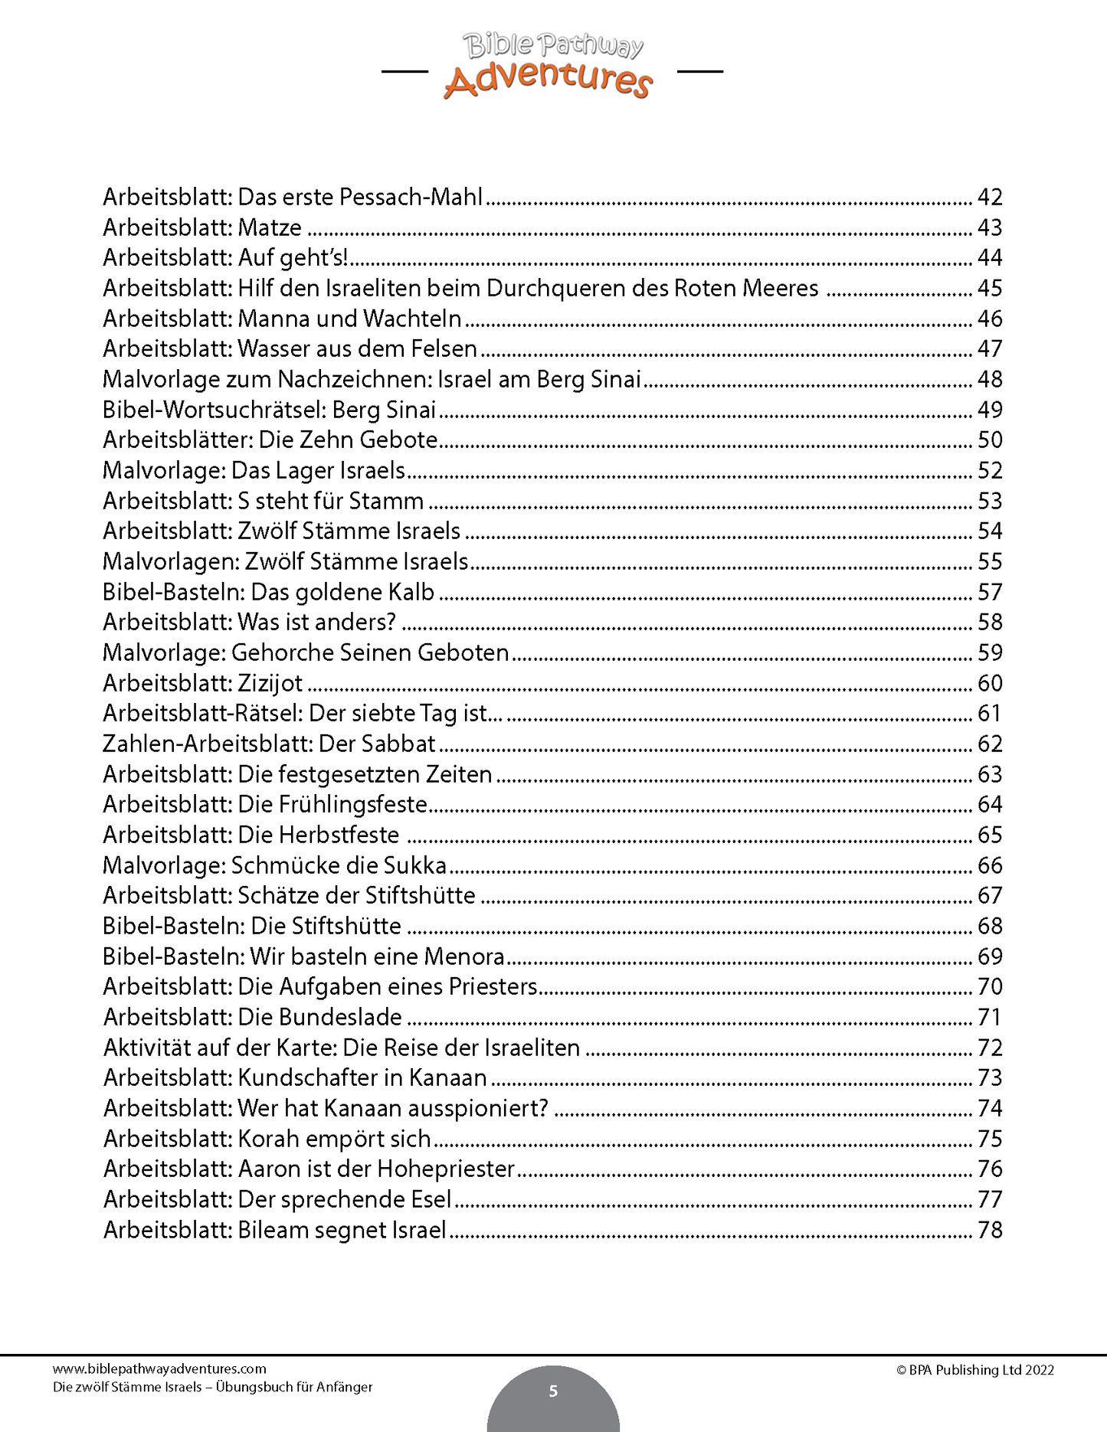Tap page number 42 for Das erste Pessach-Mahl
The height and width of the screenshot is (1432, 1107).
click(990, 198)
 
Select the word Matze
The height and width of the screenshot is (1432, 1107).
click(270, 228)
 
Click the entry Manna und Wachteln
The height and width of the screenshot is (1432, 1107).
click(350, 319)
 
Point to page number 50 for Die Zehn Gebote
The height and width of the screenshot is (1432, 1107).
click(990, 440)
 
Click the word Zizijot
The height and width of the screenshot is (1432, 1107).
click(270, 683)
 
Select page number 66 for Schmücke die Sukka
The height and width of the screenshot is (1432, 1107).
click(990, 865)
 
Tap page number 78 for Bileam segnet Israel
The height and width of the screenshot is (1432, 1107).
click(990, 1230)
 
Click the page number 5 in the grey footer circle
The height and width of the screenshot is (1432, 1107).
click(553, 1391)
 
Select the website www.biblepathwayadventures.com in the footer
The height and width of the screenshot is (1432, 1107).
click(159, 1368)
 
